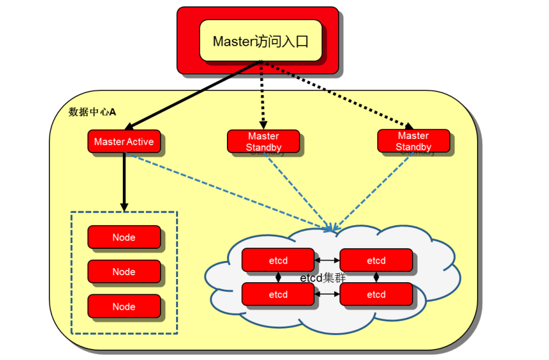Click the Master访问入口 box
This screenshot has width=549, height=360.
coord(260,40)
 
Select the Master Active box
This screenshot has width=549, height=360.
coord(124,142)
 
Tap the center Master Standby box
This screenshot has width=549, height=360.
coord(263,141)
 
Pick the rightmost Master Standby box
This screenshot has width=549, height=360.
coord(413,141)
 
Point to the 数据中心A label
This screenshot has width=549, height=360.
coord(92,112)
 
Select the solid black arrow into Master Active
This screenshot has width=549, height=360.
coord(193,93)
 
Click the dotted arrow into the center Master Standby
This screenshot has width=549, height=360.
coord(262,96)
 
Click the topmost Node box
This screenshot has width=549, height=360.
coord(124,237)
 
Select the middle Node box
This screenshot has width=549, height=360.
coord(124,272)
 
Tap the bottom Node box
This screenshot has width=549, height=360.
coord(124,307)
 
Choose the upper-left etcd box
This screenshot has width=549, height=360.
coord(278,260)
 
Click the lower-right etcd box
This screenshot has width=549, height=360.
coord(376,294)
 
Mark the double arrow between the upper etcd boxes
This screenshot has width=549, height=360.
coord(327,260)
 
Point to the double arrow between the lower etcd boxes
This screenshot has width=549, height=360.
coord(327,294)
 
